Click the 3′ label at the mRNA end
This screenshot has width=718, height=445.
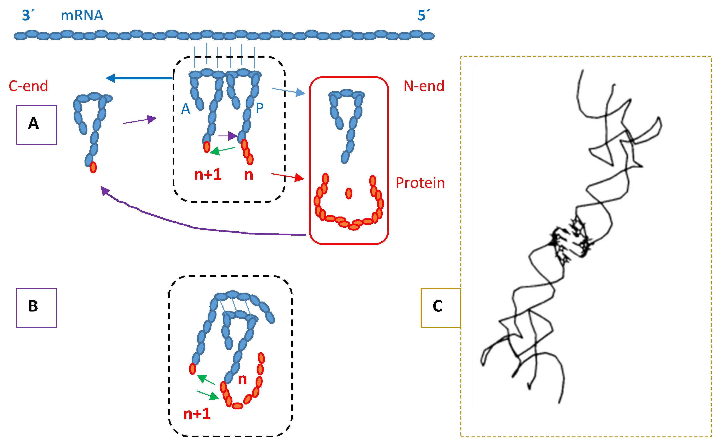pos(28,15)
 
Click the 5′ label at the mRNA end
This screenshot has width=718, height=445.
pos(424,15)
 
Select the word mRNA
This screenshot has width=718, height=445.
pos(82,15)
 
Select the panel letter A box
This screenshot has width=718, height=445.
pos(36,125)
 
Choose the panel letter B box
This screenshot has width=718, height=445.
pos(36,308)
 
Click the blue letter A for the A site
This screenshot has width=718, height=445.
pos(186,109)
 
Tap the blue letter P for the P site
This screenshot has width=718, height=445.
pos(259,108)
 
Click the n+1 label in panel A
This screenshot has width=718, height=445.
pos(208,175)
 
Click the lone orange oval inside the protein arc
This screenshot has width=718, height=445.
pos(349,193)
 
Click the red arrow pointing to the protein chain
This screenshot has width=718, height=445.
pos(287,176)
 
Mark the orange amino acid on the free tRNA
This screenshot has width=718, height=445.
pos(93,167)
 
